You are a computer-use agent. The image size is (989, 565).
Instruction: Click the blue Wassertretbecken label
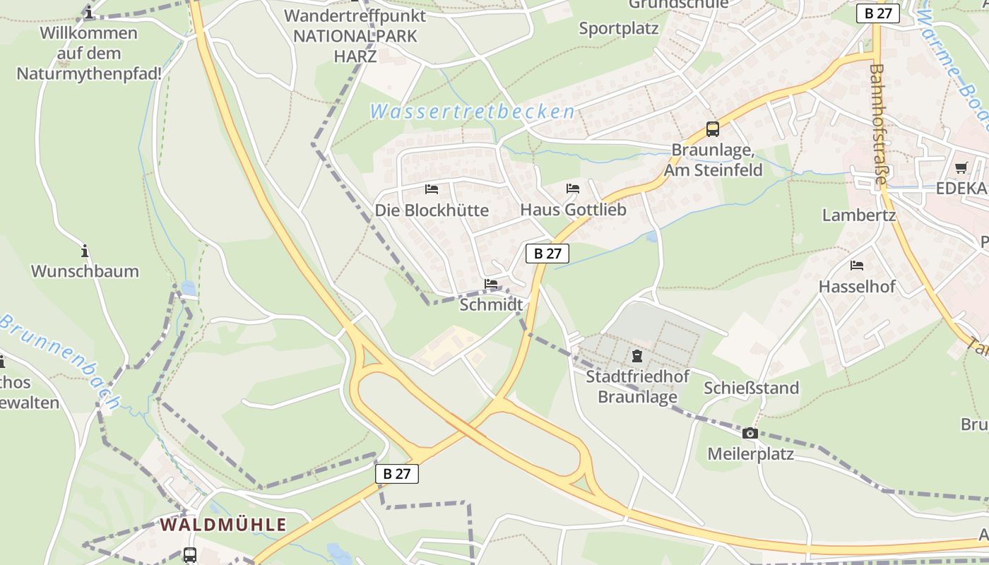click(x=472, y=112)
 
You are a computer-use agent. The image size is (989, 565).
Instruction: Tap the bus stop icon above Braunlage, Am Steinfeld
click(x=713, y=129)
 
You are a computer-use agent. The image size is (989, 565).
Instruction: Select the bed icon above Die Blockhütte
click(x=432, y=189)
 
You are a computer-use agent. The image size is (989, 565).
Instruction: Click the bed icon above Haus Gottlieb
click(x=573, y=189)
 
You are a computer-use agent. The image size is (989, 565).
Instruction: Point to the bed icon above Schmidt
click(x=491, y=284)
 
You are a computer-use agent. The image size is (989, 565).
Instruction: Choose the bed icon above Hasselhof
click(x=857, y=266)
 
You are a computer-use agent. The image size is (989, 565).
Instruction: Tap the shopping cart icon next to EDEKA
click(x=961, y=168)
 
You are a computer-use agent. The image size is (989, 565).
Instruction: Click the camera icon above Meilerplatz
click(x=750, y=433)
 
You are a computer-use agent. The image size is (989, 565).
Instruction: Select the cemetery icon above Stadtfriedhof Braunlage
click(x=637, y=356)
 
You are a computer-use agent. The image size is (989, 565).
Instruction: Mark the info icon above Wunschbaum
click(x=85, y=251)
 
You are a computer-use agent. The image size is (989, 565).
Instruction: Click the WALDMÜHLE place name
click(x=223, y=525)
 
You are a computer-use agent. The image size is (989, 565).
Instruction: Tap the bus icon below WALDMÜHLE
click(x=190, y=555)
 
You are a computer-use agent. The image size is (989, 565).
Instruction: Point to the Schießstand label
click(x=751, y=388)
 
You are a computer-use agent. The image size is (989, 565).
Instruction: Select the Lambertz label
click(x=858, y=215)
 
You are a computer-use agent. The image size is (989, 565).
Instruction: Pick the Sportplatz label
click(x=619, y=29)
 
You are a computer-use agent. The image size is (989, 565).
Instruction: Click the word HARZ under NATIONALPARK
click(x=355, y=56)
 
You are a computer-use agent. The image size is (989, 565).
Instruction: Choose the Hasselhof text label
click(x=857, y=287)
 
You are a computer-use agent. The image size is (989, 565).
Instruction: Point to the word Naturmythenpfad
click(x=89, y=73)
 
